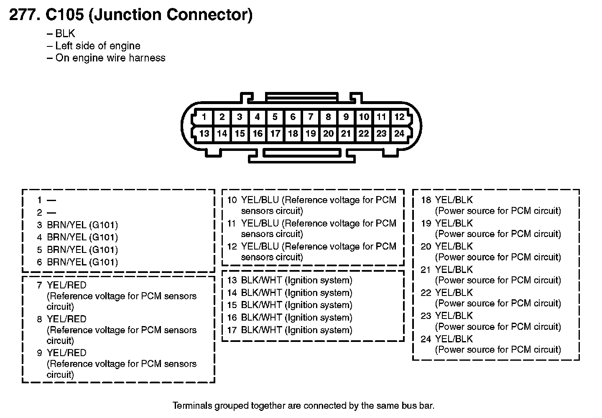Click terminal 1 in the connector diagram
click(204, 117)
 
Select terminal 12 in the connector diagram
click(399, 117)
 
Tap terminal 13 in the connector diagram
click(204, 134)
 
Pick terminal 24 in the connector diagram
click(399, 134)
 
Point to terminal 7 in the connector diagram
click(311, 117)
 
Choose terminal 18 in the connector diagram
click(293, 134)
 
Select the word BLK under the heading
click(65, 34)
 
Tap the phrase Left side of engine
click(98, 46)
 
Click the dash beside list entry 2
click(51, 213)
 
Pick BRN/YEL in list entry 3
click(66, 225)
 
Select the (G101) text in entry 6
click(103, 263)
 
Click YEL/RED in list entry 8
click(66, 319)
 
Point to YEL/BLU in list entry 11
click(260, 224)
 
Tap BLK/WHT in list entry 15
click(261, 305)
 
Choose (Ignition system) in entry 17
click(319, 330)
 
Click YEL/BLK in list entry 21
click(454, 270)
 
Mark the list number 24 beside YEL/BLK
click(426, 339)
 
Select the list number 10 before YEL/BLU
click(232, 200)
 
